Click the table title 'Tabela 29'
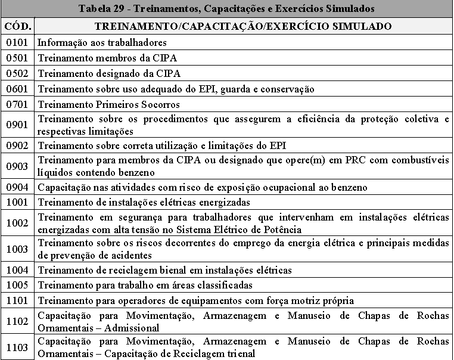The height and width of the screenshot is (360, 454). click(x=226, y=9)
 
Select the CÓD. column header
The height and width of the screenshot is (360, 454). click(x=18, y=26)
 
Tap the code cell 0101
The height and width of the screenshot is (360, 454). click(x=18, y=42)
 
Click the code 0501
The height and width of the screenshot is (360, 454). click(x=18, y=58)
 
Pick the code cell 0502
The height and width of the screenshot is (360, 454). click(x=18, y=73)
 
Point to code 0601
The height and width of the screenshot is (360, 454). click(x=18, y=89)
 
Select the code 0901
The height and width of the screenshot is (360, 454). click(x=18, y=125)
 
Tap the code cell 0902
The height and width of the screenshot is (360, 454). click(x=18, y=145)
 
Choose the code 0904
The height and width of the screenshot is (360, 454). click(x=18, y=187)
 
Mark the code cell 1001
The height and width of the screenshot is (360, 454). click(x=18, y=203)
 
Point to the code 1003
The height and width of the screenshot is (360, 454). click(x=18, y=249)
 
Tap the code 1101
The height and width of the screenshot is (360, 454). click(x=18, y=301)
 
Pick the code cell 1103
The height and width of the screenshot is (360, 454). click(x=18, y=347)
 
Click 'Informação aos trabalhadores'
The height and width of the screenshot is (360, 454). click(x=102, y=42)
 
